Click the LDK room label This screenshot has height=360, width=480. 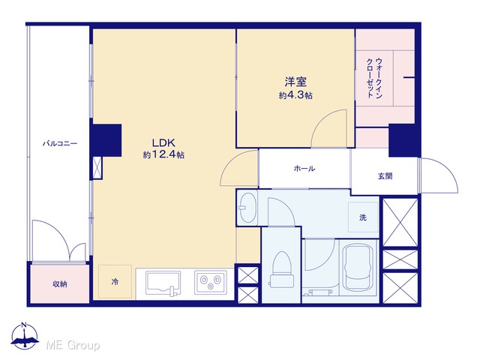coord(163,142)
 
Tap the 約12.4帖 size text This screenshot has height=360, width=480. coord(163,155)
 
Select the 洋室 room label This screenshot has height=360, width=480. coord(295,82)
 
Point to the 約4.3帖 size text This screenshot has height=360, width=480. coord(295,95)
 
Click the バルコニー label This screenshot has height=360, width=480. coord(60,143)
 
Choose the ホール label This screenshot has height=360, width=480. coord(304,168)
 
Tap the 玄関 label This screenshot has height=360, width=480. coord(385,176)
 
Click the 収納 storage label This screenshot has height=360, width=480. coord(60,284)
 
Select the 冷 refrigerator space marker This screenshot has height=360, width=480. coord(115,282)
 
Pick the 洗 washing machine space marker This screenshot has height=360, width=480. coord(363,217)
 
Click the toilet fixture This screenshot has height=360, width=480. coord(282,270)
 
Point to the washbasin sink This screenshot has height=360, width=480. coord(247,208)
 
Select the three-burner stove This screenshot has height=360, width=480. coord(210,282)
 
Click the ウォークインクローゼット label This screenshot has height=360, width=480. coord(374,78)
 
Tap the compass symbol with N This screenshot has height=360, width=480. coord(25,335)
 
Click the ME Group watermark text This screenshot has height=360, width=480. coord(73,346)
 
